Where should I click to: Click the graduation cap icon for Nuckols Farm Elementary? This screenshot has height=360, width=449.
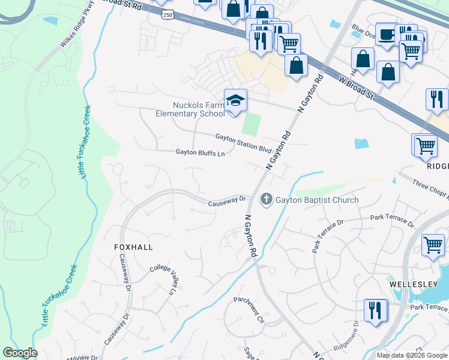point(235,100)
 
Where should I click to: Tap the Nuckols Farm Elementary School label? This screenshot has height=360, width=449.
point(190,109)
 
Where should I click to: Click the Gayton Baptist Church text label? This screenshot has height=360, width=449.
point(318,200)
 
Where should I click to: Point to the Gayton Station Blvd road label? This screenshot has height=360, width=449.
point(244,142)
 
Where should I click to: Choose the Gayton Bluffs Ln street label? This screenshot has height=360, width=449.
point(200,153)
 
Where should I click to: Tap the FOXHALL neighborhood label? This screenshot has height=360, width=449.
point(133,247)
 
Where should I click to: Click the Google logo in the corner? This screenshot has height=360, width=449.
point(19,352)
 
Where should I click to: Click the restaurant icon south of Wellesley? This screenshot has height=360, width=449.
point(375,311)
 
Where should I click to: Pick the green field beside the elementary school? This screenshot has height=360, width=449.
point(251,124)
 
